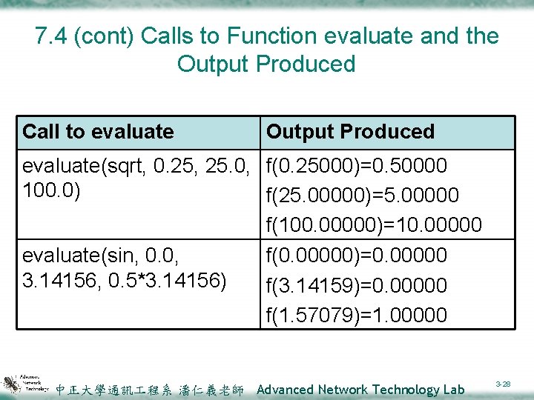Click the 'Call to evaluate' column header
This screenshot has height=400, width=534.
(98, 132)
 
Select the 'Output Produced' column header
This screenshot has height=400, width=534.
(350, 132)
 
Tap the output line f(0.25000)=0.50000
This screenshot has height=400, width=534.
(356, 165)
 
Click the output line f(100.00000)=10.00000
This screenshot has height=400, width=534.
(373, 224)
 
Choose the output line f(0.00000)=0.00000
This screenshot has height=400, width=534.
(356, 256)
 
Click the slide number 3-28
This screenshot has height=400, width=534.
(503, 384)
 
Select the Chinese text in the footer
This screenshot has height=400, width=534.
(150, 390)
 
